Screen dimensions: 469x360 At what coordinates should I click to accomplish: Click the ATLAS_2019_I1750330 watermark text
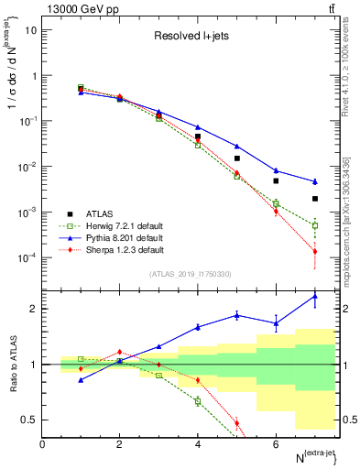[x=191, y=274]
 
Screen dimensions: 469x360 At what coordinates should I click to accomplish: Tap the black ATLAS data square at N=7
[x=314, y=199]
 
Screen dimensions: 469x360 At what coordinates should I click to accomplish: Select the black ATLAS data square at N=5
[x=236, y=158]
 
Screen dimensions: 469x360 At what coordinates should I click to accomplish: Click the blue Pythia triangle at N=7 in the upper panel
[x=314, y=181]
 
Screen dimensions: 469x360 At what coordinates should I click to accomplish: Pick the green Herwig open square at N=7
[x=314, y=225]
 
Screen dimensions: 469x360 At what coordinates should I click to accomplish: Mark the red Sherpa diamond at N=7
[x=314, y=252]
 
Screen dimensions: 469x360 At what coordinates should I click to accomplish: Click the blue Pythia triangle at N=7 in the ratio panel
[x=314, y=296]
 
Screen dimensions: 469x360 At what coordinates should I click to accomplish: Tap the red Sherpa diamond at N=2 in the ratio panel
[x=119, y=352]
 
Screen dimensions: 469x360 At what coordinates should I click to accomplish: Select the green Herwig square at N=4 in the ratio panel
[x=197, y=401]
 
